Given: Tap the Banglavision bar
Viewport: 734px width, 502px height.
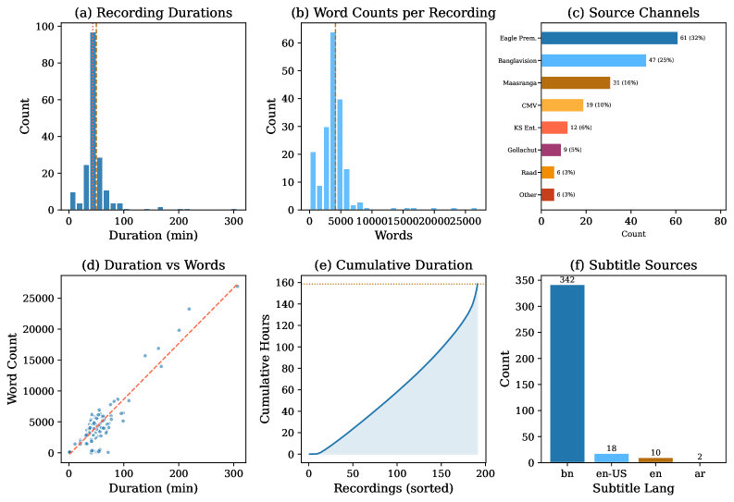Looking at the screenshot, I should (593, 60).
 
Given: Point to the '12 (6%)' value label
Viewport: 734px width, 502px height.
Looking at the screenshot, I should (580, 128).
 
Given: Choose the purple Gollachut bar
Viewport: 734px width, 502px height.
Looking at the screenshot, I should (551, 150).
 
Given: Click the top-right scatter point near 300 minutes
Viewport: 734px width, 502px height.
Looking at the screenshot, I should (236, 287).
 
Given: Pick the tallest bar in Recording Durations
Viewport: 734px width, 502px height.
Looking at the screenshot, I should (93, 121).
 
